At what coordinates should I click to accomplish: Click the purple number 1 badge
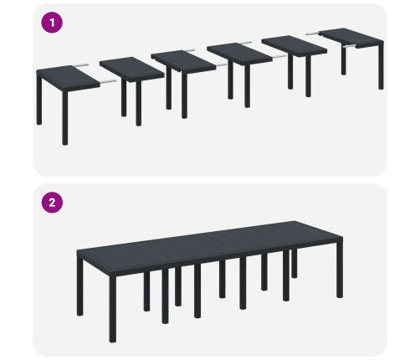pos(52,23)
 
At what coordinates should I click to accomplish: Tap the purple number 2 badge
pos(52,203)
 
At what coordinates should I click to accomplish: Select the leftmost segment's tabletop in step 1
pos(68,77)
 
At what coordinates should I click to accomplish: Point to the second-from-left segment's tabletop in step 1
pos(132,69)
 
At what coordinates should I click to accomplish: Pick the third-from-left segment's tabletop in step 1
pos(183,61)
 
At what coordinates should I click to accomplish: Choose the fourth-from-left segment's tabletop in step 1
pos(239,54)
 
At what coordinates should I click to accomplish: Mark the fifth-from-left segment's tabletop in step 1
pos(295,46)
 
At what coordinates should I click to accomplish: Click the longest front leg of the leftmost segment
pos(65,117)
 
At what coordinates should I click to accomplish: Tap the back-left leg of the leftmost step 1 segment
pos(39,100)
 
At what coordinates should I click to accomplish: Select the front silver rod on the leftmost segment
pos(108,82)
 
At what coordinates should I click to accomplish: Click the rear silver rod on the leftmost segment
pos(81,65)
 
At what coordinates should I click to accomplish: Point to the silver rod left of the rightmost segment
pos(314,33)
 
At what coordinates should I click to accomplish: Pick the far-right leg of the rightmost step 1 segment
pos(381,66)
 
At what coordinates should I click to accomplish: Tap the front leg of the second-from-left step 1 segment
pos(139,103)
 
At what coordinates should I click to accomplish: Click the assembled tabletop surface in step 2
pos(210,243)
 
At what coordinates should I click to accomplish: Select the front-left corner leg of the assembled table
pos(113,308)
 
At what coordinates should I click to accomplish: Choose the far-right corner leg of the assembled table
pos(340,270)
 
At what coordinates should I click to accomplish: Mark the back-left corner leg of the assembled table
pos(79,286)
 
